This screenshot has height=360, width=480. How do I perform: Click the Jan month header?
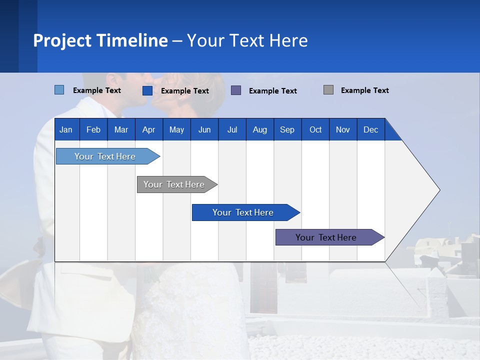[66, 129]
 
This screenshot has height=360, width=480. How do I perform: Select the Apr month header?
[148, 129]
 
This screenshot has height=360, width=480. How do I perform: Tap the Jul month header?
[232, 129]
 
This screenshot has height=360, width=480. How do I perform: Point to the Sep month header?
[287, 129]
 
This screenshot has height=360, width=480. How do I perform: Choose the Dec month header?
[370, 129]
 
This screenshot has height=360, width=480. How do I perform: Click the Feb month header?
[93, 129]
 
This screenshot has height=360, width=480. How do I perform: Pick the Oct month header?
[315, 129]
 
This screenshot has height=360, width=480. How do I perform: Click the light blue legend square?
[59, 90]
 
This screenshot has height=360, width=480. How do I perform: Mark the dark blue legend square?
[147, 90]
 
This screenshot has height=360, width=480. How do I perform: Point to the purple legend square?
[236, 90]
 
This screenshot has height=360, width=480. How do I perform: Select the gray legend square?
[328, 90]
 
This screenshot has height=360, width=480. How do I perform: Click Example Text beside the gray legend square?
[364, 90]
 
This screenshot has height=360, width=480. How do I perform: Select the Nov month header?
[343, 129]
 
